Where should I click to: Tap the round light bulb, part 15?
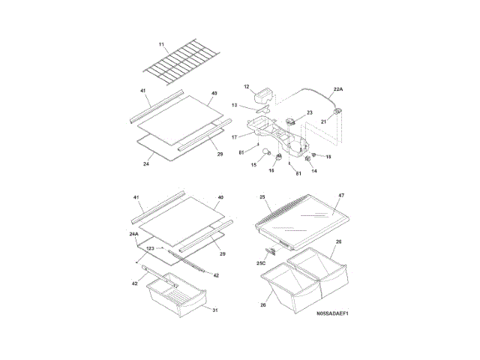coord(264,155)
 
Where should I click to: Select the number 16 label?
coord(271,170)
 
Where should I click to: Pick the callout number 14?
coord(314,171)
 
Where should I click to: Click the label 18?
coord(328,157)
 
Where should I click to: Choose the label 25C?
coord(262,264)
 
